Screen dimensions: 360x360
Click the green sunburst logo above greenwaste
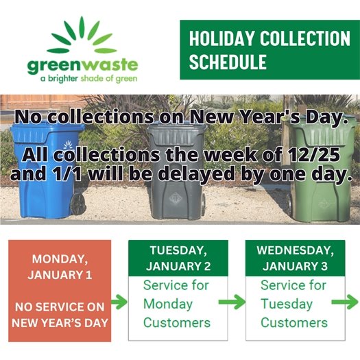click(x=83, y=38)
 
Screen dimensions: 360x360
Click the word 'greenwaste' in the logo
click(x=83, y=67)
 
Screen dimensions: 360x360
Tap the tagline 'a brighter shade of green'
click(x=83, y=79)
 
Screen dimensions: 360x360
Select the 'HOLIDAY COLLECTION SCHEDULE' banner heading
click(x=269, y=49)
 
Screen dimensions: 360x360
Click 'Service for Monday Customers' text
click(x=177, y=304)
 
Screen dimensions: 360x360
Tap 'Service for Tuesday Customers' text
click(x=293, y=304)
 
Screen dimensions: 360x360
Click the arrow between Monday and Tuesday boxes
click(x=119, y=302)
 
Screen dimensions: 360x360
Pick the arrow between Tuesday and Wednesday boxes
click(x=236, y=302)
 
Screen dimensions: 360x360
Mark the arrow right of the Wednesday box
click(x=348, y=302)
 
